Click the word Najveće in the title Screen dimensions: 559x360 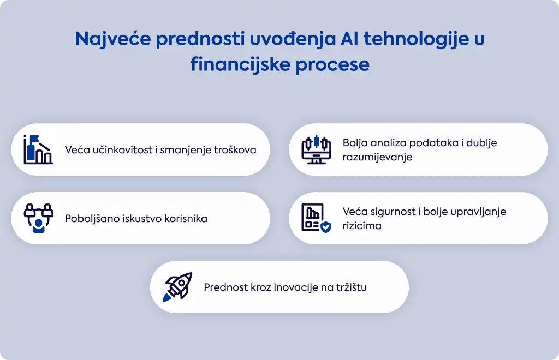click(x=113, y=39)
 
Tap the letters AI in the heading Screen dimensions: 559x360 click(x=349, y=38)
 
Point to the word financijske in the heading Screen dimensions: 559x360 click(x=240, y=65)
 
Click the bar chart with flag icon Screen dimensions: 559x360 click(x=38, y=149)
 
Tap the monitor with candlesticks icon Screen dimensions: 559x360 click(x=316, y=149)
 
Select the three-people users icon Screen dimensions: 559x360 click(x=39, y=218)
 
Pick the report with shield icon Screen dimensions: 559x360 click(x=316, y=218)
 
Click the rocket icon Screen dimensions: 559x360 click(x=177, y=287)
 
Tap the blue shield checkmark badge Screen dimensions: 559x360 click(x=326, y=227)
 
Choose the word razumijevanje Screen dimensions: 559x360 click(x=377, y=157)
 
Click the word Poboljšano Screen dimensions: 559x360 click(x=92, y=219)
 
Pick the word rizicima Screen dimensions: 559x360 click(x=362, y=226)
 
